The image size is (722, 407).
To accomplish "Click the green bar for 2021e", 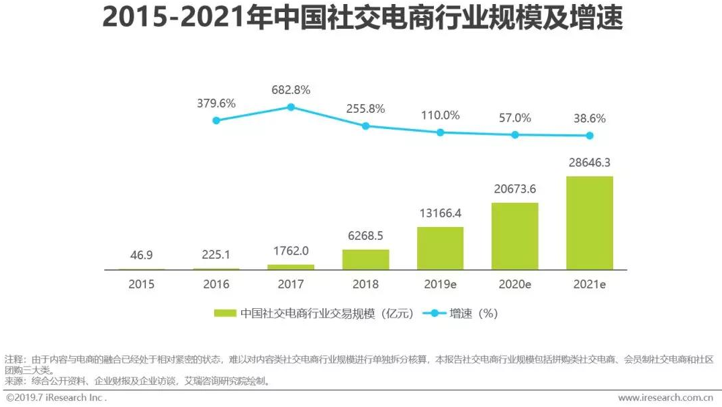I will coord(590,222).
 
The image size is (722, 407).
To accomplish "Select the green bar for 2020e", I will coord(515,236).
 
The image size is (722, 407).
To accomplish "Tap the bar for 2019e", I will coord(440,248).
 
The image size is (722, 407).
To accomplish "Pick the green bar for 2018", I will coord(365,259).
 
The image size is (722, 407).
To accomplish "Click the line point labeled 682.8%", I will coord(291,107).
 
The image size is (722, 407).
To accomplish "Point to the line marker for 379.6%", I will coord(216,120).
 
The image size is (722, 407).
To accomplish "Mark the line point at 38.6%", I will coord(590,136).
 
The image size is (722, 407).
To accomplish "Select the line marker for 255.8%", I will coord(365,126).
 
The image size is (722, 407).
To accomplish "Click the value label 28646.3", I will coord(590,163).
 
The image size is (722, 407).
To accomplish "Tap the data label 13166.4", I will coord(440,214).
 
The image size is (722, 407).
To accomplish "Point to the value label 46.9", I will coord(141,256).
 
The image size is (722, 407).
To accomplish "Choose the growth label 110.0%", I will coord(440,116).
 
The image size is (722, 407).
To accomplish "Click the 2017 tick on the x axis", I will coord(291,284).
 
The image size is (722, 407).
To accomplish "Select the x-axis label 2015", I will coord(141,284).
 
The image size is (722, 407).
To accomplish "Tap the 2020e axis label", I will coord(515,284).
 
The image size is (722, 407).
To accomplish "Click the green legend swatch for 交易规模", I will coord(224,314).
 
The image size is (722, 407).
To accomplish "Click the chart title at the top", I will coord(362,19).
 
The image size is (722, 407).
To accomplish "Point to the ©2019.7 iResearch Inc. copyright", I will coord(56,398).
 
